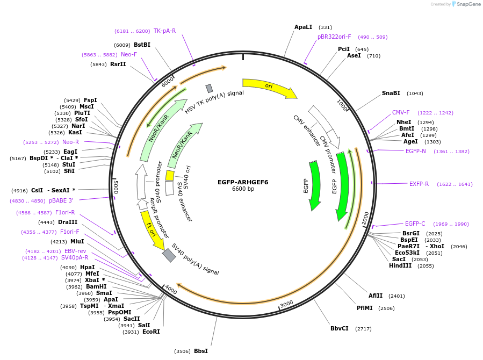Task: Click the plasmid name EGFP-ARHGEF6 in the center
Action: [x=243, y=182]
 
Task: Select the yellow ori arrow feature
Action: [x=269, y=88]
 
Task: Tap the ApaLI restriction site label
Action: [x=303, y=27]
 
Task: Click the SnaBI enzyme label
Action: [x=391, y=93]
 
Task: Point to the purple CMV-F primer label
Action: [x=401, y=113]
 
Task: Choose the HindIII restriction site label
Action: [x=400, y=266]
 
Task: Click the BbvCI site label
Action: [x=339, y=328]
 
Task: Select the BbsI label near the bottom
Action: [x=200, y=351]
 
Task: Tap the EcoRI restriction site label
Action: [x=151, y=332]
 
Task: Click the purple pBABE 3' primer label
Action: [x=61, y=200]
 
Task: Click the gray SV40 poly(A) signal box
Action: [x=169, y=255]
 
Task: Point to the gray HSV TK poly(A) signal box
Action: [x=209, y=88]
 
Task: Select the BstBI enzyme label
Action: [x=142, y=45]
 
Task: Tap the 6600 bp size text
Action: [x=243, y=189]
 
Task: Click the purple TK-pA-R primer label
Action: [x=164, y=31]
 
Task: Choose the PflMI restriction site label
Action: [x=364, y=308]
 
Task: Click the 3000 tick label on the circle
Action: [x=287, y=304]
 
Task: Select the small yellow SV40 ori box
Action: [x=170, y=175]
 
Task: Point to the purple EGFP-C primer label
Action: [x=415, y=224]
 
